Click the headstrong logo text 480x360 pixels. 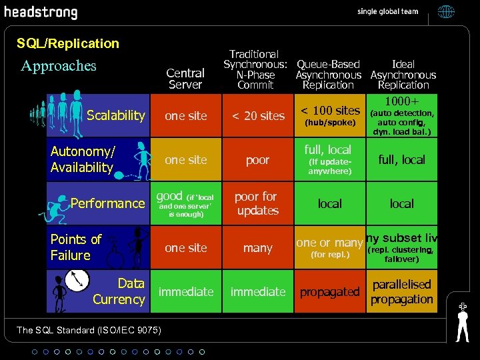(41, 13)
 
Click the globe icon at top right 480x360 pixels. (446, 11)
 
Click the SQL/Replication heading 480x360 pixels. (67, 43)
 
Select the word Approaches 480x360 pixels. (59, 65)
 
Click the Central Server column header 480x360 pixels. (185, 79)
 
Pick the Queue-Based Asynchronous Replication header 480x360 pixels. (328, 75)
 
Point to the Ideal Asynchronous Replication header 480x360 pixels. (403, 75)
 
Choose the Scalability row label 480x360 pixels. (115, 115)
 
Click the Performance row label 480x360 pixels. (107, 203)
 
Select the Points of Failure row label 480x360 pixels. (75, 247)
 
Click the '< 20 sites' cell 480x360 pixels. (258, 116)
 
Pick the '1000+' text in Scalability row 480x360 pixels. (402, 101)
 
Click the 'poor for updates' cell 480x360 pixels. (257, 203)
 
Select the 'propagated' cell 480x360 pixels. (329, 292)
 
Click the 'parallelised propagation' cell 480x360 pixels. (401, 292)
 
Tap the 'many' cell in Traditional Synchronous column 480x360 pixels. (258, 248)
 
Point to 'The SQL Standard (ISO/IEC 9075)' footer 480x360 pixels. (79, 329)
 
